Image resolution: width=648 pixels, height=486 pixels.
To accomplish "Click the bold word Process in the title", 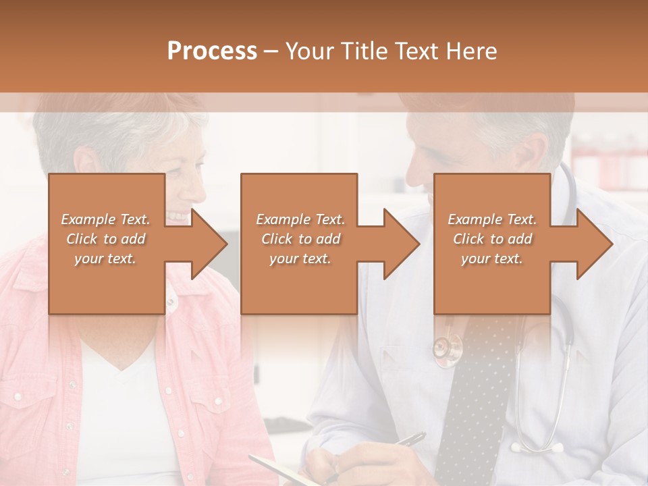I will pyautogui.click(x=212, y=51).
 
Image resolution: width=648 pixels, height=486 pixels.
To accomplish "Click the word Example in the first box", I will pyautogui.click(x=88, y=219).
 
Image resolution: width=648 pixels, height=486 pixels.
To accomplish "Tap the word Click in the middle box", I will pyautogui.click(x=276, y=239).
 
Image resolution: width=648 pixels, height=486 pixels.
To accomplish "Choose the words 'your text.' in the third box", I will pyautogui.click(x=491, y=259).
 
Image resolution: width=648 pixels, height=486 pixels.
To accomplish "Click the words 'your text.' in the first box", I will pyautogui.click(x=105, y=259).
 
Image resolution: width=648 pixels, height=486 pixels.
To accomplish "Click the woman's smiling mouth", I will pyautogui.click(x=180, y=216).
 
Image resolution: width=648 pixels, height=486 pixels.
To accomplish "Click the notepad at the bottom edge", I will pyautogui.click(x=277, y=469).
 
